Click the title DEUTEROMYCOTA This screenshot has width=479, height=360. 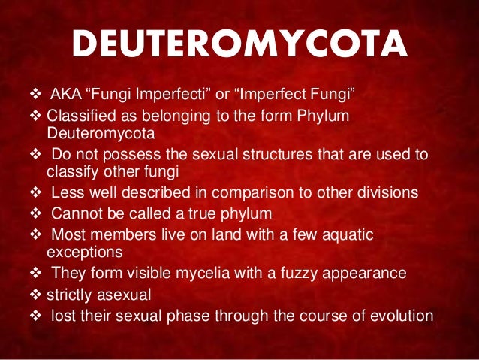coord(239,47)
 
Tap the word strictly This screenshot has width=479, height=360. coord(68,295)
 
